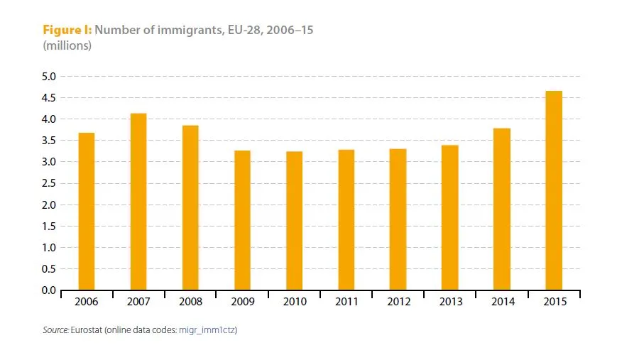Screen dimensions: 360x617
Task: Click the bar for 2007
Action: click(138, 202)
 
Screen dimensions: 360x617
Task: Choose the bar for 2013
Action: click(450, 217)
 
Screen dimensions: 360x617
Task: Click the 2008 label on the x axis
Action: click(190, 302)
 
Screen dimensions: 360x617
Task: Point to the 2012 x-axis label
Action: click(398, 302)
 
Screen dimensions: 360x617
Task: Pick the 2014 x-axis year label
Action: click(503, 302)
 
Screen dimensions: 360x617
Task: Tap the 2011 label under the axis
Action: click(346, 302)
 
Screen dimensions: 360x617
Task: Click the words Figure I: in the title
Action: click(67, 31)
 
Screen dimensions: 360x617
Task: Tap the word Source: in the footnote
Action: click(55, 330)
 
